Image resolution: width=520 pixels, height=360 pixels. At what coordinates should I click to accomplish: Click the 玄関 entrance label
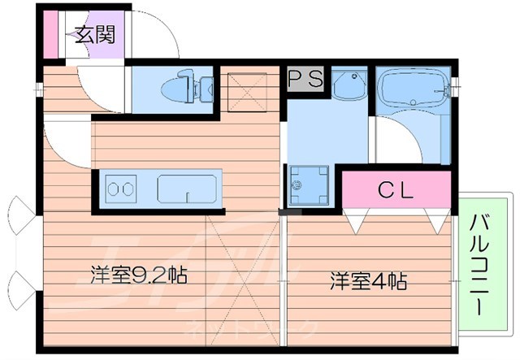coord(95,35)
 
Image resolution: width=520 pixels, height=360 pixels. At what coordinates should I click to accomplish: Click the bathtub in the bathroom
coord(412,91)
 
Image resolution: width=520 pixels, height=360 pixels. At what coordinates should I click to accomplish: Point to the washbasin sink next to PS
coord(350,84)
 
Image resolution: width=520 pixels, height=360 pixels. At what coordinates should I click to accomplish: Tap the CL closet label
coord(396,191)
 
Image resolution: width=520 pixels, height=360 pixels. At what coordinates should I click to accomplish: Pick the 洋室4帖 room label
coord(367,281)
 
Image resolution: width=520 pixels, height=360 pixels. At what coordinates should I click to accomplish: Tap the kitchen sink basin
coord(186,189)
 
